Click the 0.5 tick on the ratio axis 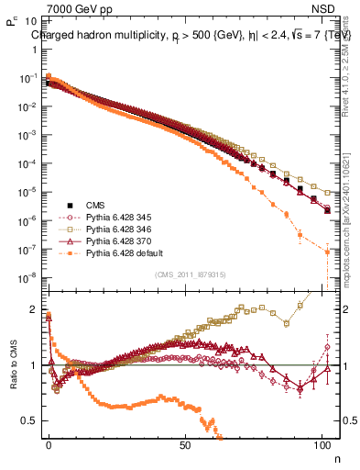[x=30, y=420]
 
